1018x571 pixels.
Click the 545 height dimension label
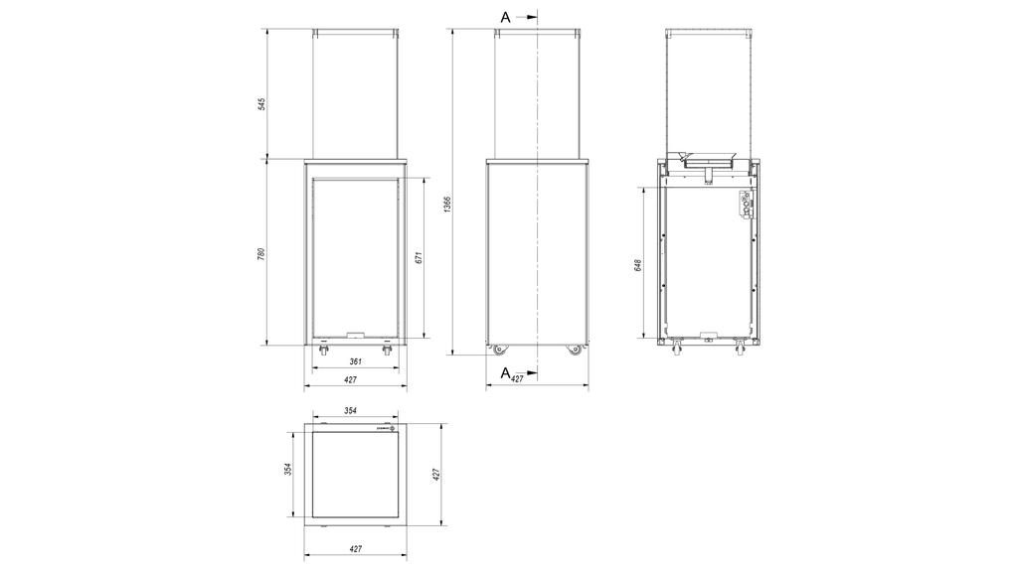point(261,104)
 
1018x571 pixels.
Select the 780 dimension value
point(261,253)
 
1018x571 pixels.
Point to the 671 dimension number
point(419,256)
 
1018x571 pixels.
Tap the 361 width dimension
point(356,361)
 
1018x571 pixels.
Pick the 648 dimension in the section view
point(637,265)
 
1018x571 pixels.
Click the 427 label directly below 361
point(351,379)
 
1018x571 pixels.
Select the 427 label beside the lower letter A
point(517,379)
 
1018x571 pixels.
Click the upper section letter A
point(505,17)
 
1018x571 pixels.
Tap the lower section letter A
point(504,372)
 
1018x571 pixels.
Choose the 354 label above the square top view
point(351,409)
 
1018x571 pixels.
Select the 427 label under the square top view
point(356,548)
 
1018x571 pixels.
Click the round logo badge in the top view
point(393,428)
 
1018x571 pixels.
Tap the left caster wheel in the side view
point(497,350)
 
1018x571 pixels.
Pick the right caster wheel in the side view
point(575,350)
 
